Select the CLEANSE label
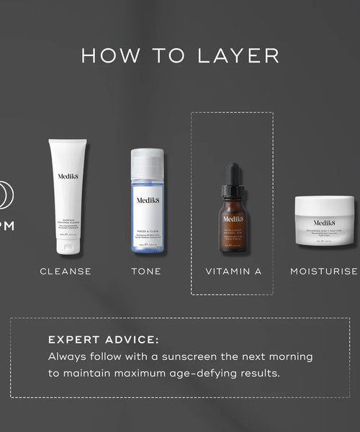click(66, 271)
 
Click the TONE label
click(146, 271)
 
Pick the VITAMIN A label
click(233, 271)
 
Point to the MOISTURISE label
click(324, 271)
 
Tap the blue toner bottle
click(147, 209)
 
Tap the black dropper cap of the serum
click(233, 176)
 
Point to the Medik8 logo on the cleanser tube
click(67, 176)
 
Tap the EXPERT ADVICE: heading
click(103, 340)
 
